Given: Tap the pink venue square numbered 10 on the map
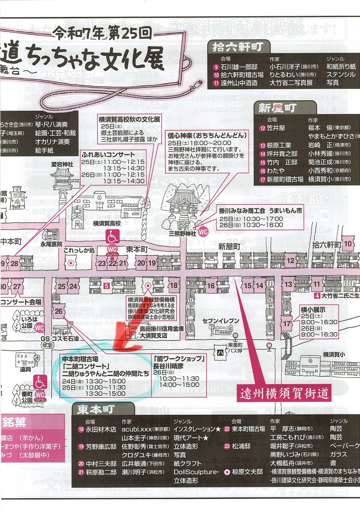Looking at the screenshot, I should tap(347, 244).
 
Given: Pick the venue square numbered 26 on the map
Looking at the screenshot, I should tap(59, 311).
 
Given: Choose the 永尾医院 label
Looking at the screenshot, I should tap(51, 244).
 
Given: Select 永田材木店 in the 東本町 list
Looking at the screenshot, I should tap(101, 429).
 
